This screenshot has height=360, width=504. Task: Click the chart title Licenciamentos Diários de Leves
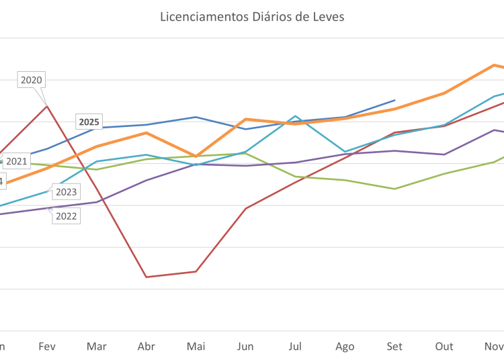point(252,16)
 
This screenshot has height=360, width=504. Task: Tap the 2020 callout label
point(32,80)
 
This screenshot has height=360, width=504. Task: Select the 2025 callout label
point(89,122)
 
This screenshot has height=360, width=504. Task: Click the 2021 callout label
point(16,161)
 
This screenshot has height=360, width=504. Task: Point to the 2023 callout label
point(66,192)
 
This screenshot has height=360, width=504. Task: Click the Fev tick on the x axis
point(46,347)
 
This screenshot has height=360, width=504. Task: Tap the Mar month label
point(97,347)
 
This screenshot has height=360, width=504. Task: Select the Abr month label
point(146,347)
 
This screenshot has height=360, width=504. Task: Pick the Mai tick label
point(196,347)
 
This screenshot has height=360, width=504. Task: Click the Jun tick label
point(245,347)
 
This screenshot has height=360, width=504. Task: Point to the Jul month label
point(295,347)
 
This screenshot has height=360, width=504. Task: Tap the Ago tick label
point(345,347)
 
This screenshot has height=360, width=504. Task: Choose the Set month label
point(394,347)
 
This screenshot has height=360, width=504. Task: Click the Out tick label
point(444,347)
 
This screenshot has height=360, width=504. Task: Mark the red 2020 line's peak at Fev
point(46,105)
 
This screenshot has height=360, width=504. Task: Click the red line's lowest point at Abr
point(146,277)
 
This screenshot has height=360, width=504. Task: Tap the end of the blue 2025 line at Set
point(395,100)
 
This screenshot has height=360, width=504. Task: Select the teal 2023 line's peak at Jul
point(295,116)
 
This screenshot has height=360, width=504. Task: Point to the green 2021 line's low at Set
point(395,189)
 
